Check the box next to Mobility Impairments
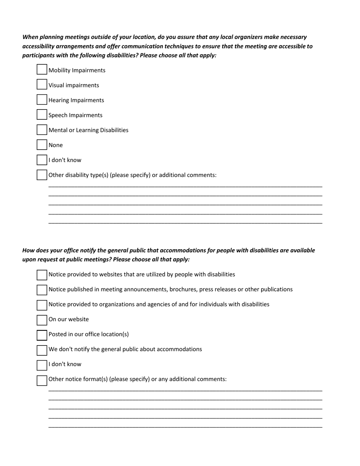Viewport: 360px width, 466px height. point(42,70)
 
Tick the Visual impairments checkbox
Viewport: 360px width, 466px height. point(42,84)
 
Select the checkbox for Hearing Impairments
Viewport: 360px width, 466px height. point(42,100)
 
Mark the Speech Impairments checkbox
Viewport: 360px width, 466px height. point(42,114)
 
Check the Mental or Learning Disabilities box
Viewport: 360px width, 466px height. point(42,130)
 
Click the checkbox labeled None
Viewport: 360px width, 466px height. point(42,145)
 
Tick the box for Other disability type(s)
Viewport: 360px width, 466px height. point(42,175)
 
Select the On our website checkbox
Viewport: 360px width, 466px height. point(42,320)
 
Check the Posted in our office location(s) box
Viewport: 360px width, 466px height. point(42,335)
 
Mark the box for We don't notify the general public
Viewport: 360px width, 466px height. point(42,350)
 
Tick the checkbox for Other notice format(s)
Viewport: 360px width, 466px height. point(42,380)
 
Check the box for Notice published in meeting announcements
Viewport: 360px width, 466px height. point(42,290)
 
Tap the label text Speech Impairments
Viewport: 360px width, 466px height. point(75,115)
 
